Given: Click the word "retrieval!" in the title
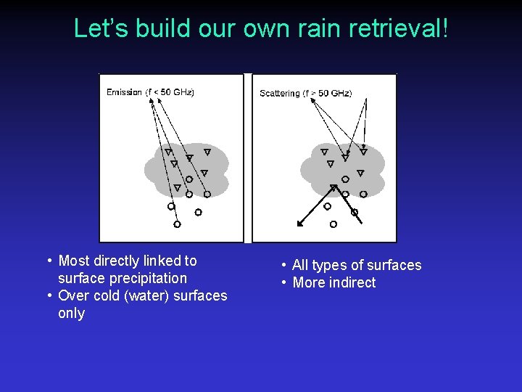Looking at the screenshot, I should point(399,28).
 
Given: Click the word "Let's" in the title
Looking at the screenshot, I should point(97,28).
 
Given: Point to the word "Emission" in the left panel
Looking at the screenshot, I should point(124,92).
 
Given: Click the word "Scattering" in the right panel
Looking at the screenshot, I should point(279,94).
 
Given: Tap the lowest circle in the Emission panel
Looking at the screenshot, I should point(177,224).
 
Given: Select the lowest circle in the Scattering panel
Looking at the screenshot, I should point(333,224).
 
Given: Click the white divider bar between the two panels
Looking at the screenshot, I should point(247,158).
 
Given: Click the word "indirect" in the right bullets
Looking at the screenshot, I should point(352,282).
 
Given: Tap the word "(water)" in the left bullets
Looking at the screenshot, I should point(136,295).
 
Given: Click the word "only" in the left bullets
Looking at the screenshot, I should point(71,313).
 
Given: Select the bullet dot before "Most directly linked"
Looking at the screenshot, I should point(49,261).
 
